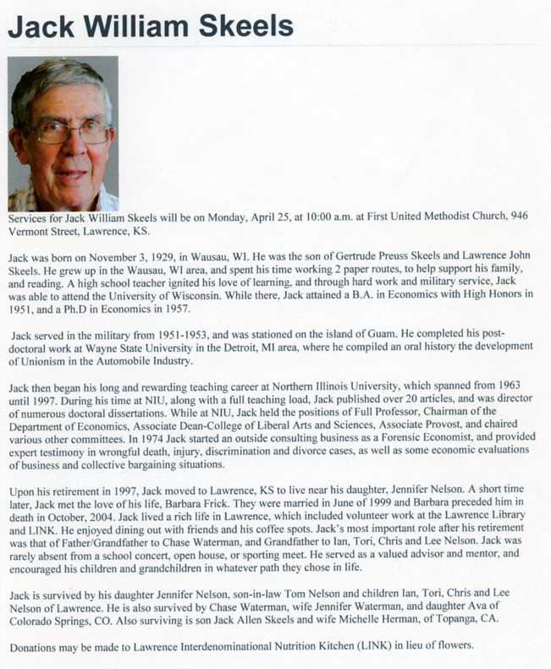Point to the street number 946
(520, 217)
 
